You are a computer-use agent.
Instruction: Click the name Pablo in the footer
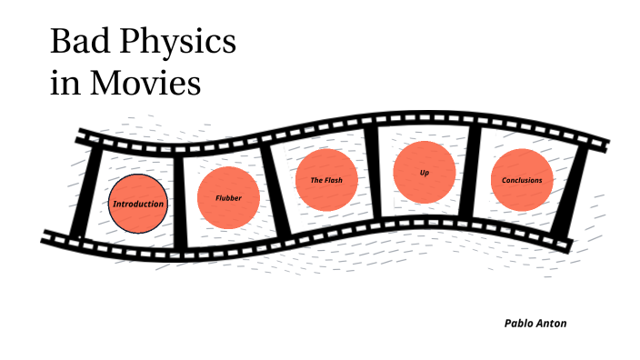coord(519,323)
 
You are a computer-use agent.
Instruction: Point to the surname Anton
coord(552,323)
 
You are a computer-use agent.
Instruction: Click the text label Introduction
coord(138,204)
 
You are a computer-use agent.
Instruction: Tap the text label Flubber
coord(228,197)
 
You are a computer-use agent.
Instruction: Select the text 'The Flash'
coord(326,180)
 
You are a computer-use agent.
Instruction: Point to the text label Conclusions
coord(522,180)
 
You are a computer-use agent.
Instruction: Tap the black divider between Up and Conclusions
coord(472,173)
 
